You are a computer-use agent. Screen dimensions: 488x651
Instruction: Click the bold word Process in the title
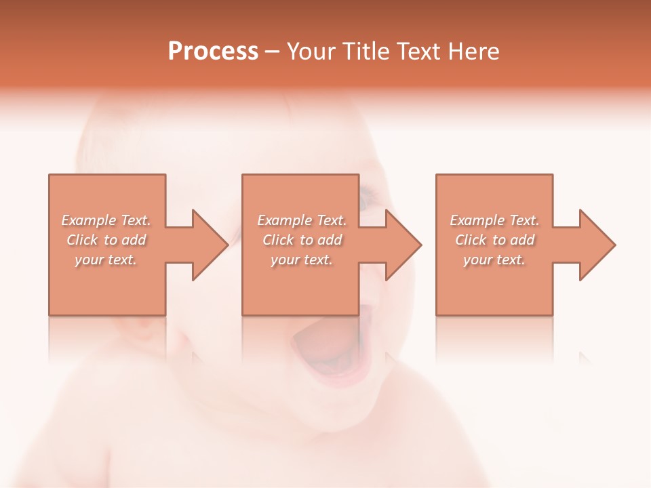[213, 52]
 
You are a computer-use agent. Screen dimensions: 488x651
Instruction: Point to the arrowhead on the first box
[210, 245]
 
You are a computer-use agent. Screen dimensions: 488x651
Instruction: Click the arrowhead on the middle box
[403, 245]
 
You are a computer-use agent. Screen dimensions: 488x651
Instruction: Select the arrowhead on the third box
[597, 245]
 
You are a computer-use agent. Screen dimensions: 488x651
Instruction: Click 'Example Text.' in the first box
[106, 220]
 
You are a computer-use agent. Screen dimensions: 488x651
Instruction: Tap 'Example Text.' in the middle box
[302, 220]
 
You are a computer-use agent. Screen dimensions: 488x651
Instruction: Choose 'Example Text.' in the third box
[494, 220]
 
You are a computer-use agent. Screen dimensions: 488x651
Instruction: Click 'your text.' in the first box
[105, 260]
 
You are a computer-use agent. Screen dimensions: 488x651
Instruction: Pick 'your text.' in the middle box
[301, 260]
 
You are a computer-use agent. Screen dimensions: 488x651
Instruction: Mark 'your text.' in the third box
[494, 260]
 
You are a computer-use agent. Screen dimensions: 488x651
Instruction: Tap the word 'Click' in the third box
[471, 240]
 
